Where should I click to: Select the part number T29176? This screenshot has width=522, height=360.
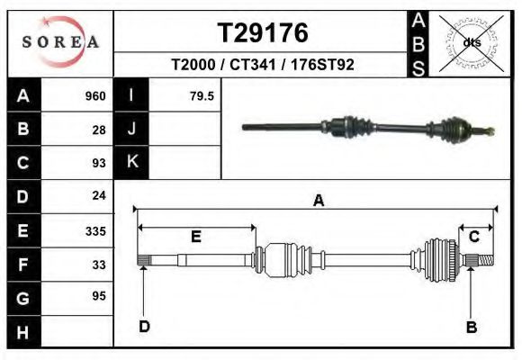coord(263,32)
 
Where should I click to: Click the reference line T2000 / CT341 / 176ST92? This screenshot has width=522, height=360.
coord(263,65)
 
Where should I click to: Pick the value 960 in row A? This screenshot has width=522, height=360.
coord(94,96)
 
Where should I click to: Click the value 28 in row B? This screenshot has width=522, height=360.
coord(99,130)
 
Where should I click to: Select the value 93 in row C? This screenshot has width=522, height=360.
coord(99,163)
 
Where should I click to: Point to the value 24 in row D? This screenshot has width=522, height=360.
coord(99,195)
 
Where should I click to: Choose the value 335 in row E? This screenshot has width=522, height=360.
coord(95,231)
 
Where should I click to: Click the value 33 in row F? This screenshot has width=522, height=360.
coord(99,265)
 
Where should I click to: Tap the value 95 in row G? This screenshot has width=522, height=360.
coord(99,296)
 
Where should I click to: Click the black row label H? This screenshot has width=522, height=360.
coord(22,332)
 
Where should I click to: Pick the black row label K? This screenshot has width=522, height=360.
coord(132,162)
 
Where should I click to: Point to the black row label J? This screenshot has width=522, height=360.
coord(132,129)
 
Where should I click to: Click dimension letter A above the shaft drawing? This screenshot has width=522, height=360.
coord(318,201)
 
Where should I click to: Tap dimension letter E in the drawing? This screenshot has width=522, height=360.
coord(195,237)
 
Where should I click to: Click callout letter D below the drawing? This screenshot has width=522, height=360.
coord(144,327)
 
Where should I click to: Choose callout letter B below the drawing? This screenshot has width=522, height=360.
coord(471,327)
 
